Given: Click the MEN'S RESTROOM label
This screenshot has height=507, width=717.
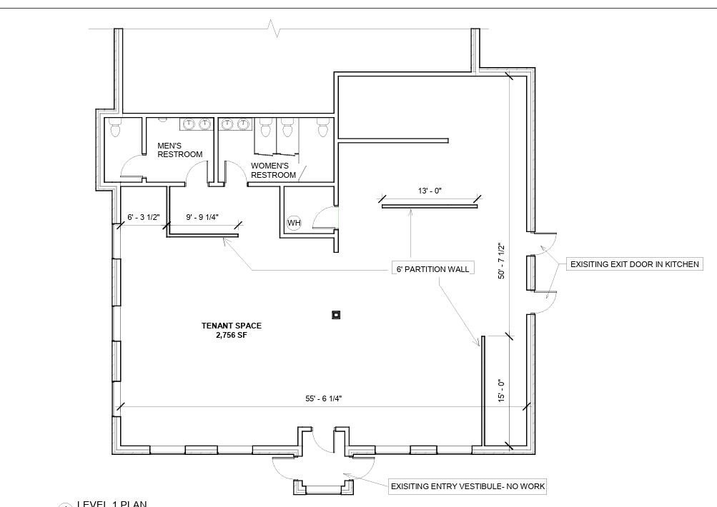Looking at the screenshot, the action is point(179,150).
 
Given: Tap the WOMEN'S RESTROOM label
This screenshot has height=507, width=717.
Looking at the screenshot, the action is point(273,171).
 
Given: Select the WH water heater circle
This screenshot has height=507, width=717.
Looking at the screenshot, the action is point(294,223).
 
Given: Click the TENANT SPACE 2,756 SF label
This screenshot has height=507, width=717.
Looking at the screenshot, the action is point(232,330).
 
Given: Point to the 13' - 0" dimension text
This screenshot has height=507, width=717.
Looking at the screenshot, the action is point(430,191).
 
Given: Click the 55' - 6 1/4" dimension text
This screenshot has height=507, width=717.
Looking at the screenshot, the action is point(324,398).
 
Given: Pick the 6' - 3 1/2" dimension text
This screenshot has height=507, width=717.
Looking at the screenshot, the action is point(144,217).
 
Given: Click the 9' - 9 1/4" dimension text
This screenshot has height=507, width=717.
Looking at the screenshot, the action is point(202,217).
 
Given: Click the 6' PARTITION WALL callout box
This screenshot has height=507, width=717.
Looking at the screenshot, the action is point(432,269).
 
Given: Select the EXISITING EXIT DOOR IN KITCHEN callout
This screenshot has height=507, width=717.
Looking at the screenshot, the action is point(635,264).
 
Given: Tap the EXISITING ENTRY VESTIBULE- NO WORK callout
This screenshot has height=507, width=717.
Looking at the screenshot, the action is point(468,486).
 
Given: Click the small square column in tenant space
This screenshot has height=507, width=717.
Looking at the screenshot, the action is point(336,315).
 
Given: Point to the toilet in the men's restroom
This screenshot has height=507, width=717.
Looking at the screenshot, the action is point(115,128).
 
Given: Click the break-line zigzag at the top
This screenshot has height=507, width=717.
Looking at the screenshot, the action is point(273,29).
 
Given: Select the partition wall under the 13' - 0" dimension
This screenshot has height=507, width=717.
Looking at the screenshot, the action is point(430,206).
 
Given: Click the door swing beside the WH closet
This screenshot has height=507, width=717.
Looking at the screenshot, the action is point(325,217).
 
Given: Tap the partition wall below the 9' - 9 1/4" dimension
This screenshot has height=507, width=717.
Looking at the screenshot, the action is point(202,236).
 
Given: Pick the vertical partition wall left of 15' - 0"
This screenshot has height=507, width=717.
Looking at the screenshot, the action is point(483,391).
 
